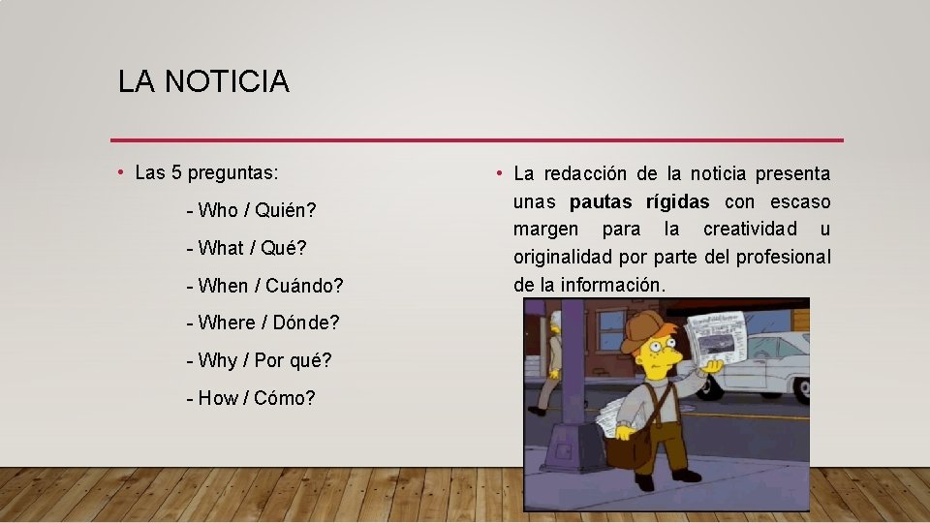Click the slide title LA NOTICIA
(203, 81)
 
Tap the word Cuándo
(304, 286)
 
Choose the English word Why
(217, 360)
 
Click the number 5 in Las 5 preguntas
(176, 173)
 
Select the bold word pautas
(602, 201)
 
